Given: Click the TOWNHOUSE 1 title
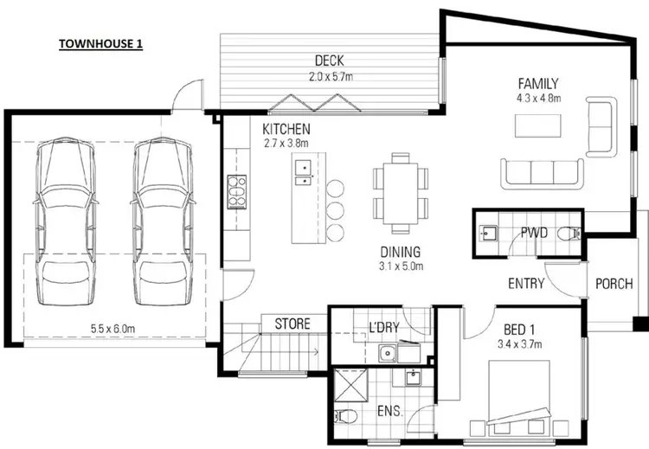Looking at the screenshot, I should tap(100, 42).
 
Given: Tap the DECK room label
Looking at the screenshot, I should tap(330, 61).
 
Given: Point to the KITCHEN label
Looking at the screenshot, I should tap(286, 129).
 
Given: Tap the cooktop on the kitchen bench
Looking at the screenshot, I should tap(236, 191).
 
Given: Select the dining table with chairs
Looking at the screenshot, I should tap(401, 194).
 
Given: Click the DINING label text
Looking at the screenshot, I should tap(402, 253).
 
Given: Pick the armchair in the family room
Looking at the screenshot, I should tap(601, 126).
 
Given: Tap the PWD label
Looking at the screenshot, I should tap(533, 232).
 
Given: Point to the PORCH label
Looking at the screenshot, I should tap(614, 284).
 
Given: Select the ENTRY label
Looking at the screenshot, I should tap(526, 284).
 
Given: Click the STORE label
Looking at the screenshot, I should tap(292, 324).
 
